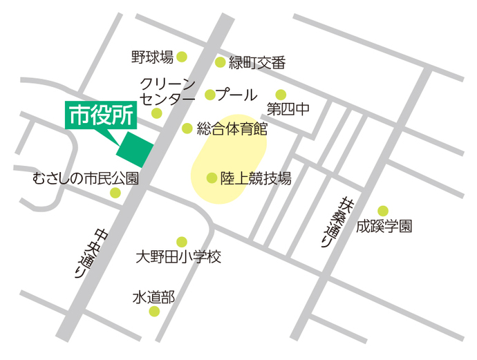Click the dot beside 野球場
point(182,57)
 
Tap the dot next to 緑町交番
point(220,62)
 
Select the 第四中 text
point(288,110)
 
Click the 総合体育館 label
point(232,129)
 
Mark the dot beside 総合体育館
point(187,129)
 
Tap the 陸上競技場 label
point(256,178)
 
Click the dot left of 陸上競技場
point(212,178)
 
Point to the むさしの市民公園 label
point(86,178)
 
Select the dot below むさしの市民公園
point(115,193)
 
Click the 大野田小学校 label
point(178,258)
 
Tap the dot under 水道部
point(154,312)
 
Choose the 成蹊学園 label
point(384,226)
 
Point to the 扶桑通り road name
point(334,221)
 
